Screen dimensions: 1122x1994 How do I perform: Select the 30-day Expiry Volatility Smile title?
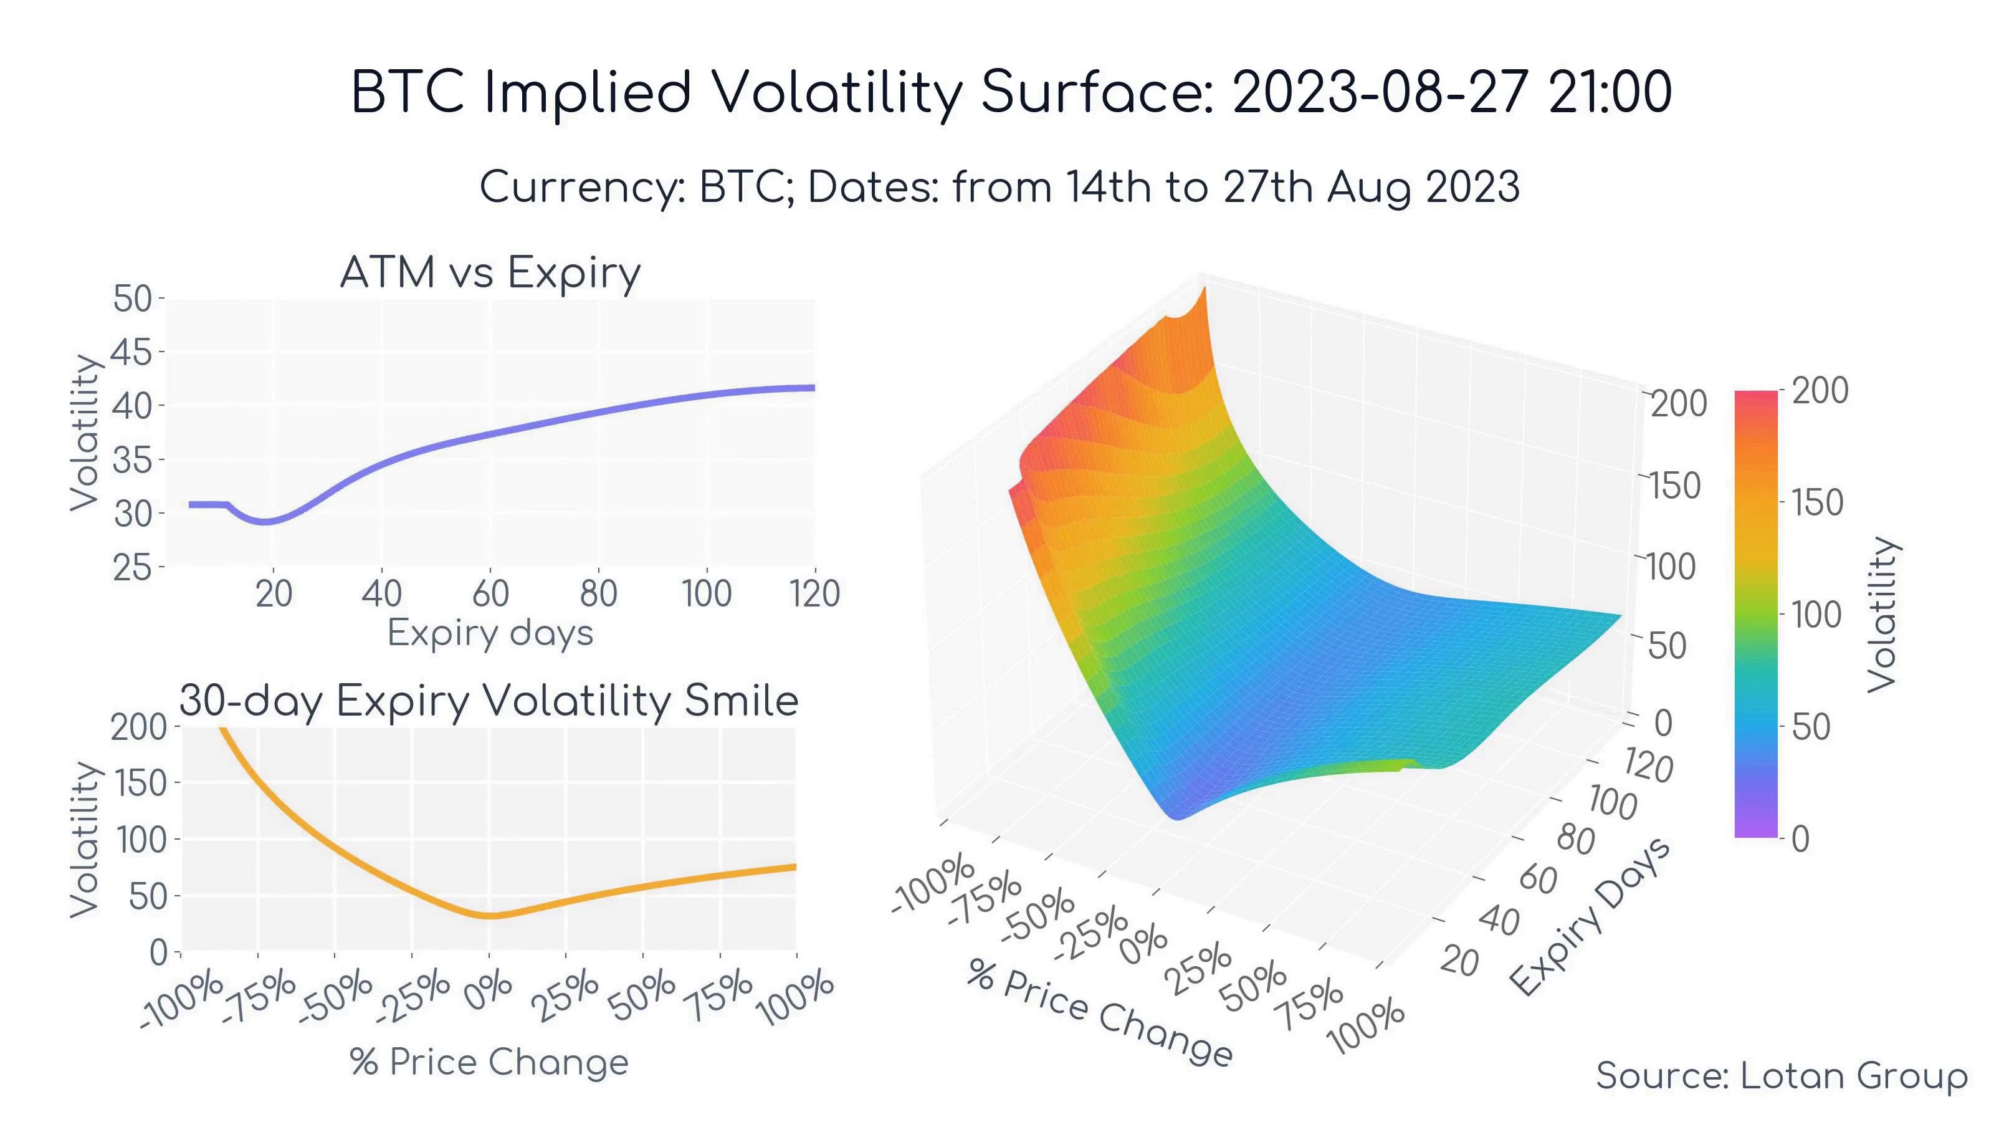coord(489,701)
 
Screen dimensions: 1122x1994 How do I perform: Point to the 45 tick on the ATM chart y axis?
coord(131,352)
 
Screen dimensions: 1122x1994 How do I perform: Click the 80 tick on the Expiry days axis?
coord(598,594)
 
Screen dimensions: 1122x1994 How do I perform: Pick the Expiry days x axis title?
coord(490,633)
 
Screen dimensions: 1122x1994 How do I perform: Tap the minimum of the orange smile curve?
coord(491,916)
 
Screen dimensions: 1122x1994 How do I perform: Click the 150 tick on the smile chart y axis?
coord(141,784)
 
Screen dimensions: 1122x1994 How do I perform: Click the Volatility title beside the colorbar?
coord(1882,614)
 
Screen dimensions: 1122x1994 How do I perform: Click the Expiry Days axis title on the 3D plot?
coord(1591,917)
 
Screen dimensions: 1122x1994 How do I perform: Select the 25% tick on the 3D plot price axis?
coord(1199,969)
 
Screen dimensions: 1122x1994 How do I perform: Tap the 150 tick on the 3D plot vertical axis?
coord(1674,486)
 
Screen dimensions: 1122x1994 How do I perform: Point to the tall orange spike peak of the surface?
coord(1205,290)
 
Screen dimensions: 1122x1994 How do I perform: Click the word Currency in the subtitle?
coord(581,188)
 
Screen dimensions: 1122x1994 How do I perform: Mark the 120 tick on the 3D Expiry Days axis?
coord(1647,767)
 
